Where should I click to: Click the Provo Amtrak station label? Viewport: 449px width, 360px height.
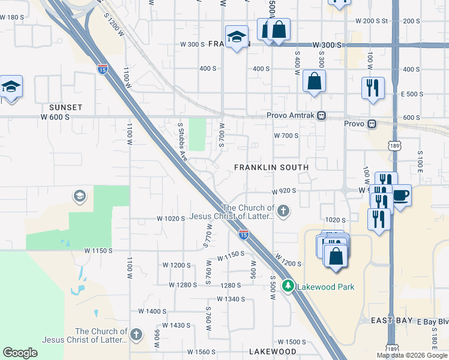point(292,115)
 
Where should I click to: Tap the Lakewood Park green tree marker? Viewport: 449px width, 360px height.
point(289,286)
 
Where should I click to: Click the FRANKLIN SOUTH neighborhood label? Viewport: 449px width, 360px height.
point(271,167)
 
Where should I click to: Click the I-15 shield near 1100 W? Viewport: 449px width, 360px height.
point(103,69)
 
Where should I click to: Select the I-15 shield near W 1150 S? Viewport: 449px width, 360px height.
point(243,235)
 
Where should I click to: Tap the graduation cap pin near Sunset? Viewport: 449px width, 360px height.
point(11,86)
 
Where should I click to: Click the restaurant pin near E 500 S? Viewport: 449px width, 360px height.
point(373,88)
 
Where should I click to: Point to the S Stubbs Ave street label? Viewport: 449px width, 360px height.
point(181,142)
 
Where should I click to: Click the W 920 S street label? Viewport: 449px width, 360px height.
point(285,191)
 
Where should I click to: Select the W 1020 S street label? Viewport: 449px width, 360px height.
point(170,218)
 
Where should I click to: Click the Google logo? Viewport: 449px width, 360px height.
point(20,353)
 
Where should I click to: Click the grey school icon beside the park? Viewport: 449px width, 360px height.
point(79,196)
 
